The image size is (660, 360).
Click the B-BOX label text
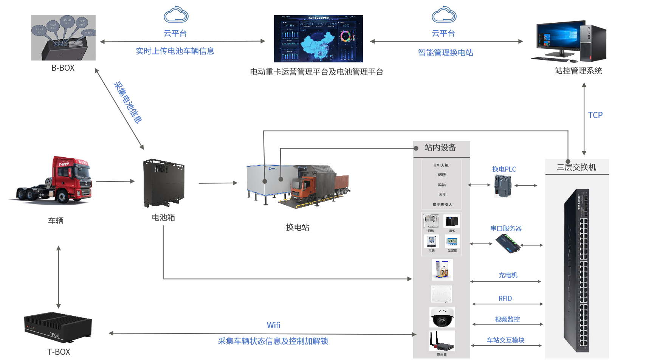63,68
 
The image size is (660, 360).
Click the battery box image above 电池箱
164,183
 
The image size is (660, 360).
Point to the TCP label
595,115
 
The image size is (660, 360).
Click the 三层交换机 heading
576,167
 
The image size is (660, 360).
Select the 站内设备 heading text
440,147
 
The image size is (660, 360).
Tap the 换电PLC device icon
503,186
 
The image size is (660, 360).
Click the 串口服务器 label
506,228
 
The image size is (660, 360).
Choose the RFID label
505,298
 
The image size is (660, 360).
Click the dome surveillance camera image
442,317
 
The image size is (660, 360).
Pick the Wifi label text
273,325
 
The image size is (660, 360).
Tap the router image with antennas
442,341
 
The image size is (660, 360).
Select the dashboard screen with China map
318,39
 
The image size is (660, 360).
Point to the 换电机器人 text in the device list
442,205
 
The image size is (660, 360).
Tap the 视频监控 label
507,319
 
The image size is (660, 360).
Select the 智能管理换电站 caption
445,53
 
